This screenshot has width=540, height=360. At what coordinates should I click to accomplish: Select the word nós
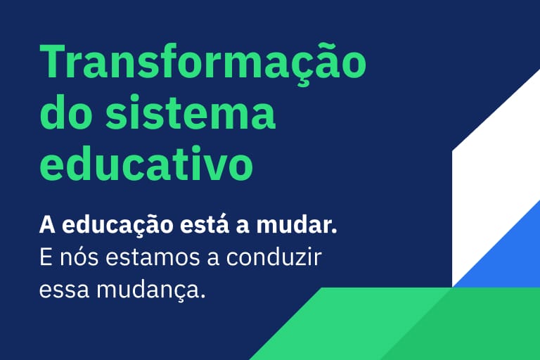[x=78, y=257]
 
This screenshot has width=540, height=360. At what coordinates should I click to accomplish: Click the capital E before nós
[x=46, y=257]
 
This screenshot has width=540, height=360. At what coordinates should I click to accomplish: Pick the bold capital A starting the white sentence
[x=47, y=226]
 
